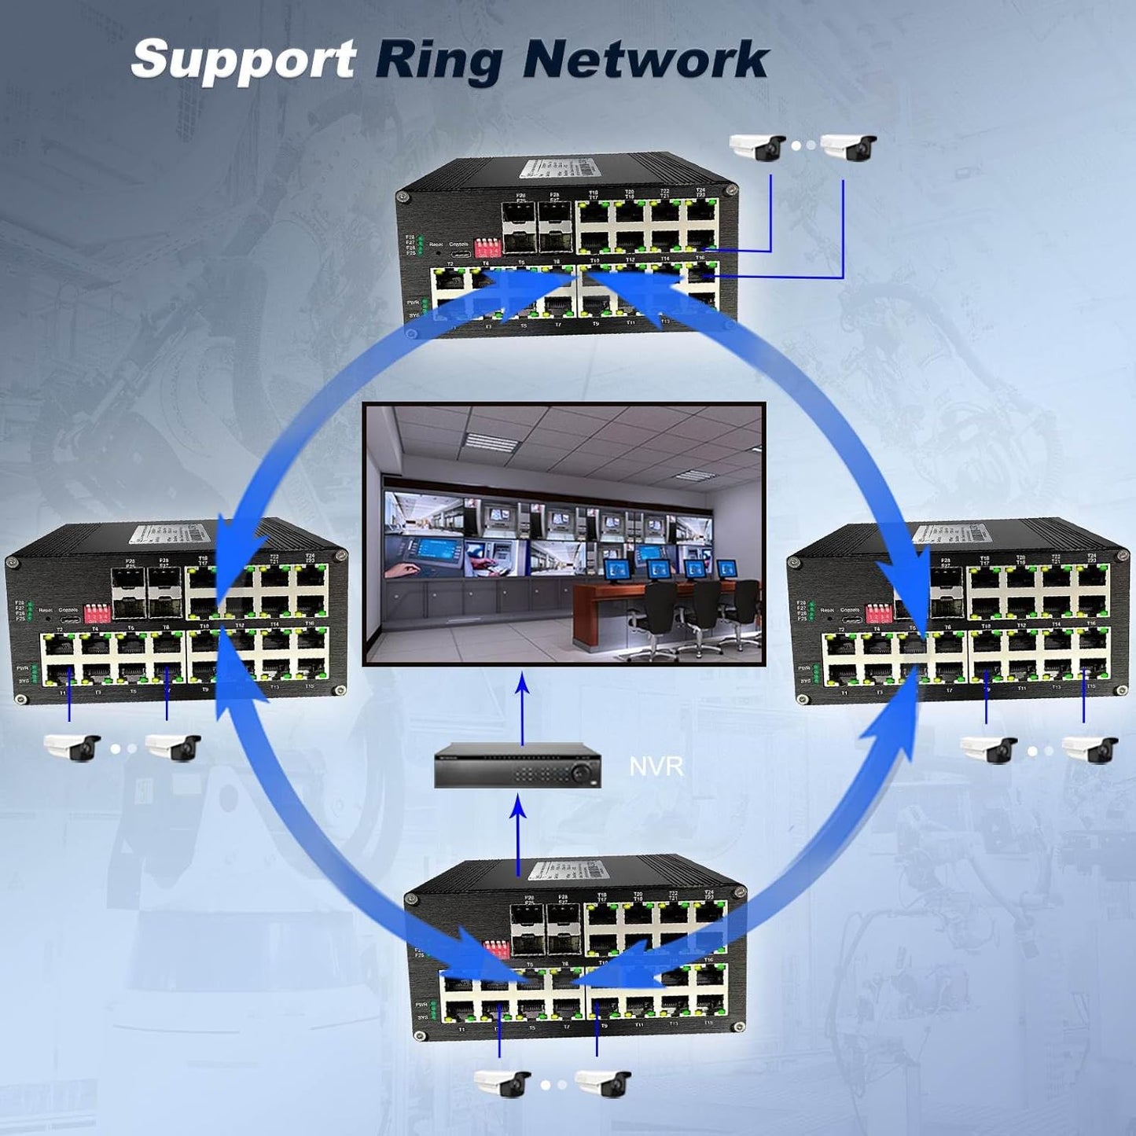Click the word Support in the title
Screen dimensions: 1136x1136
[243, 60]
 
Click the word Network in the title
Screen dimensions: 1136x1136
[645, 60]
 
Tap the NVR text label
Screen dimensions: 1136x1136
[656, 766]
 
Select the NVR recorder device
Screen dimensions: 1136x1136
[517, 765]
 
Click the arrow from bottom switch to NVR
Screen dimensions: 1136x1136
[518, 833]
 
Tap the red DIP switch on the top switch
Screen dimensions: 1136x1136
[487, 246]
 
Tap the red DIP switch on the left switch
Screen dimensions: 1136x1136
[97, 612]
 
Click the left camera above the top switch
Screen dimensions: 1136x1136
[757, 147]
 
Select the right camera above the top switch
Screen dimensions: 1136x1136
[848, 147]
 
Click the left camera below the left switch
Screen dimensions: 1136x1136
[72, 747]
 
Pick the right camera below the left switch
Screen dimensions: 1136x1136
[173, 747]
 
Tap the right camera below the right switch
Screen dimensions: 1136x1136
[1090, 749]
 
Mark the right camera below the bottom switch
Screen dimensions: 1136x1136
[603, 1083]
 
